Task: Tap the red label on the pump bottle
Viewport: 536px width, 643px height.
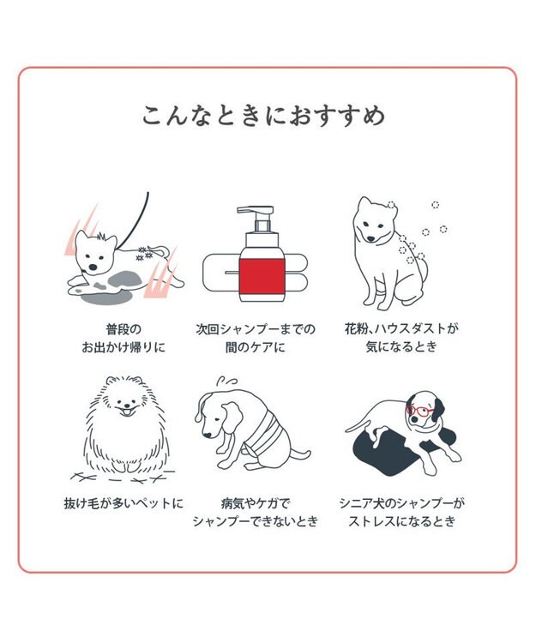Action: point(261,273)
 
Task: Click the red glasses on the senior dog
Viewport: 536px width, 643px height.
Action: point(420,411)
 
